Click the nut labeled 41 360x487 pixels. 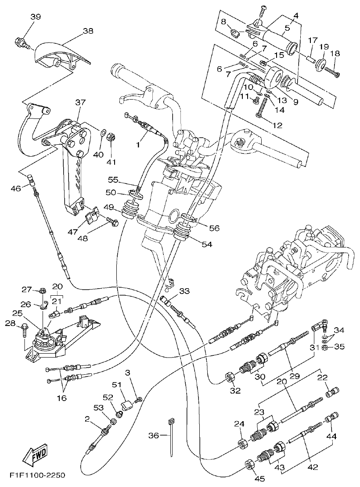pos(112,137)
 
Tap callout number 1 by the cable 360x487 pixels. pos(139,143)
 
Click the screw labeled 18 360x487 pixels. pos(333,72)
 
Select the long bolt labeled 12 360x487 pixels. pos(263,108)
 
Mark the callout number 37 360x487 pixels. pos(80,102)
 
